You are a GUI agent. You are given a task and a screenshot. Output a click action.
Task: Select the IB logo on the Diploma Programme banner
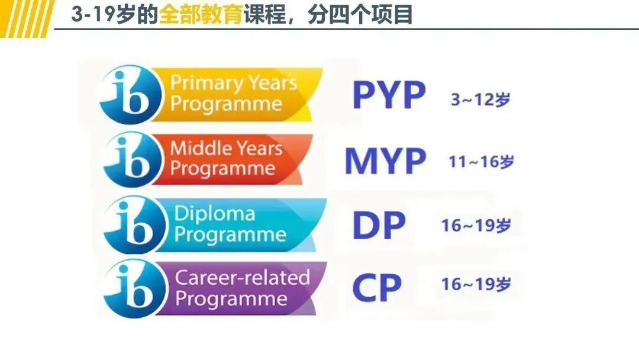point(133,224)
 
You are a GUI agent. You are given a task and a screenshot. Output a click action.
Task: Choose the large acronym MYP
point(385,160)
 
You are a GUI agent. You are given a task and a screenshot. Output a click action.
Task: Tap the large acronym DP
point(379,225)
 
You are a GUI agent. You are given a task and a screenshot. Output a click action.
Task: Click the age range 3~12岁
point(480,99)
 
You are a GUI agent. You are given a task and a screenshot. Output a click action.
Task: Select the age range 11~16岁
point(481,162)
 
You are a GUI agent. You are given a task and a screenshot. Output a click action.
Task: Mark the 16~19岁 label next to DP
point(476,226)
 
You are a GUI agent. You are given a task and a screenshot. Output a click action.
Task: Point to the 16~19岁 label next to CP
point(476,284)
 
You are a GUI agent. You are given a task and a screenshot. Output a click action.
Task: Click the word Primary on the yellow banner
point(203,83)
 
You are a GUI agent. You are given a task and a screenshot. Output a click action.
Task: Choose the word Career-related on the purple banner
point(243,277)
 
